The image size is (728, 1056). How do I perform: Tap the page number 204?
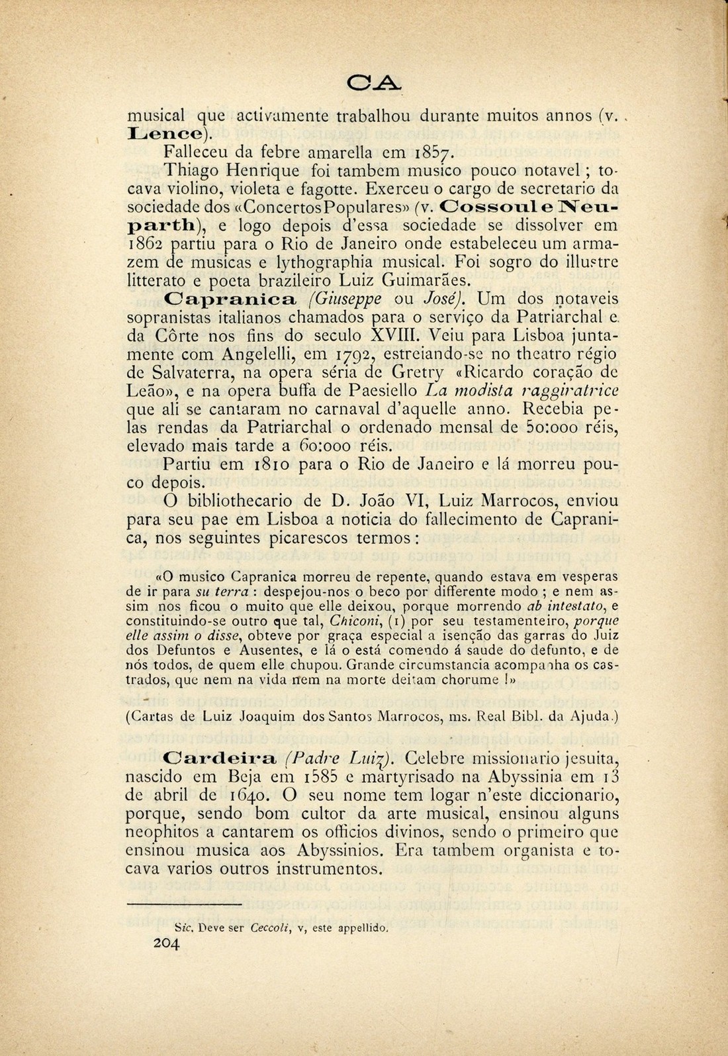[166, 945]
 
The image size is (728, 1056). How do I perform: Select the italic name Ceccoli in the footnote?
[271, 928]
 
